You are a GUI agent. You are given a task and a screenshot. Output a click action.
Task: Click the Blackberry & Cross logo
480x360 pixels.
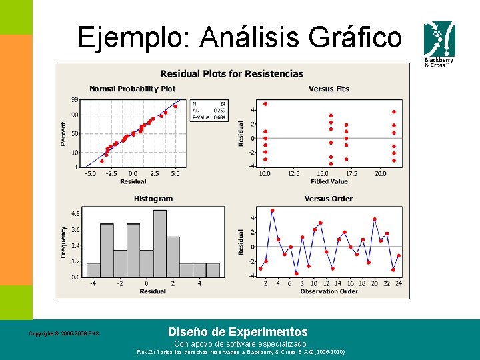point(439,43)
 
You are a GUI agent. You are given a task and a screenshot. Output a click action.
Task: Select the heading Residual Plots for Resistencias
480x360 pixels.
point(231,74)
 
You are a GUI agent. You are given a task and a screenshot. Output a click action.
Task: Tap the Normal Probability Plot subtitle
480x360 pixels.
point(133,89)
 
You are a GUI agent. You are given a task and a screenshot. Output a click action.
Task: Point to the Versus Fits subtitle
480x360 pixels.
point(329,89)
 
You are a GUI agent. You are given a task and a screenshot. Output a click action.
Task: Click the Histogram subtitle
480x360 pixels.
point(153,199)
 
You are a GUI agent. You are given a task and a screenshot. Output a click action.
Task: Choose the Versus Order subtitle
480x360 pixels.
point(329,199)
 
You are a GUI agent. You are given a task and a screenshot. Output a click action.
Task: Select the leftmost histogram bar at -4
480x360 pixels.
point(93,270)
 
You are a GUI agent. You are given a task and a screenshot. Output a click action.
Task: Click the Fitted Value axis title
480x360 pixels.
point(329,181)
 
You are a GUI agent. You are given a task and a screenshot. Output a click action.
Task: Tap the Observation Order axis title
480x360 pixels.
point(329,291)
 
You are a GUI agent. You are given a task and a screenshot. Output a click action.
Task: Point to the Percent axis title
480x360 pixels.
point(64,134)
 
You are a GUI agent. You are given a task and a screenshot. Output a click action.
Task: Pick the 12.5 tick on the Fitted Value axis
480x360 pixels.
point(294,173)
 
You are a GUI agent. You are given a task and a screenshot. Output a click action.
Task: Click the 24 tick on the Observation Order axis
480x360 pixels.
point(399,283)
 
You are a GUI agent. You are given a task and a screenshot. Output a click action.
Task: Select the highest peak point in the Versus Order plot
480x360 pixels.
point(272,211)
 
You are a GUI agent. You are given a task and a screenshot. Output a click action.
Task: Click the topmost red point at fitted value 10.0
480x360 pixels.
point(265,104)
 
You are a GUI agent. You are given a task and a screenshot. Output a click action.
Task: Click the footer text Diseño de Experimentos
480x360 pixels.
point(237,332)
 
